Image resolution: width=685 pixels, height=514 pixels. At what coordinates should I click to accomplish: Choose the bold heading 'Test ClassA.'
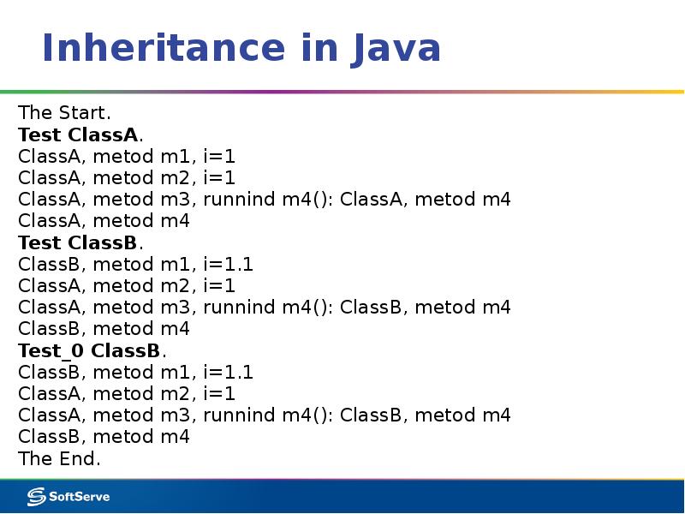coord(80,134)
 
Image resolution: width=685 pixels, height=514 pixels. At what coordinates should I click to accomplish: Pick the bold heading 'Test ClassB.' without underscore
coord(80,242)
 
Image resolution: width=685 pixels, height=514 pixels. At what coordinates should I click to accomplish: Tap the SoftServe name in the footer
coord(78,496)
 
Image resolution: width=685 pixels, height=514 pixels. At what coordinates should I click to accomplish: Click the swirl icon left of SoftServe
coord(36,496)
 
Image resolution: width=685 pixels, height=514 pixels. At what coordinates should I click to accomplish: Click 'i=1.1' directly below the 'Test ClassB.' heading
coord(228,264)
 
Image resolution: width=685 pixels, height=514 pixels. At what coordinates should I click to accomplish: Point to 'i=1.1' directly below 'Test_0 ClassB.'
coord(228,372)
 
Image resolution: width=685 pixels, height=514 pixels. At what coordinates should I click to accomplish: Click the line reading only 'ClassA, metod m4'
coord(104,221)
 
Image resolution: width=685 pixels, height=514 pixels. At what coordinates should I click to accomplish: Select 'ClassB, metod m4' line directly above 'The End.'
coord(104,437)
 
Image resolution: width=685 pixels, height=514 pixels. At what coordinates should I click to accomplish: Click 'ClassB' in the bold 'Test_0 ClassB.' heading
coord(127,350)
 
